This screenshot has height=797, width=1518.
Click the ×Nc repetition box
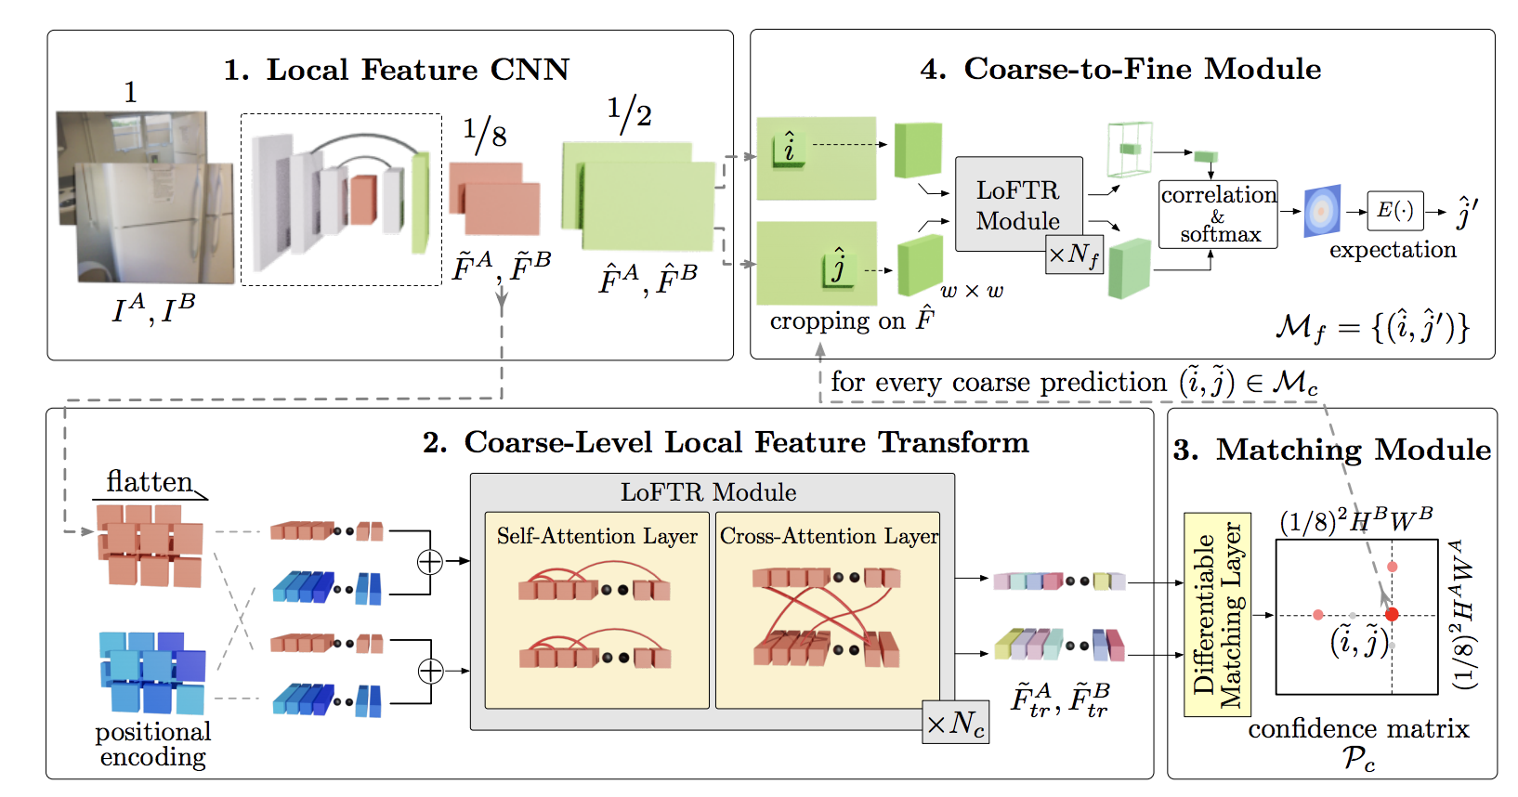955,723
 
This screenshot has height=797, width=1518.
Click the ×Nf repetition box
1074,254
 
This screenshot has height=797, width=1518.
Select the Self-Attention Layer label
596,536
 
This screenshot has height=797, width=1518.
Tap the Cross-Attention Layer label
829,536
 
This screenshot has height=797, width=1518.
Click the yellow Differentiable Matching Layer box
1217,614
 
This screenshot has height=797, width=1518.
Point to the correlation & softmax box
1218,215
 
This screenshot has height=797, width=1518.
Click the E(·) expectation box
1394,211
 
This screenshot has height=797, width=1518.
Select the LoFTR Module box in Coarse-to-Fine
1018,204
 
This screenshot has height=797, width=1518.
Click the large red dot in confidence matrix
1392,614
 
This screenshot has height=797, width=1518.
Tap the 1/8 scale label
484,134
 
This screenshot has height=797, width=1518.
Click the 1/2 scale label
629,112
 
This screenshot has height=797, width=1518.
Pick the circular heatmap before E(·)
1322,211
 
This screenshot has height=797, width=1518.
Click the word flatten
149,481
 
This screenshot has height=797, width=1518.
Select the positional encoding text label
153,744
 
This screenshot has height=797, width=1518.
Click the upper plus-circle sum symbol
429,561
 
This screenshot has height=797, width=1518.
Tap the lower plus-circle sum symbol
430,671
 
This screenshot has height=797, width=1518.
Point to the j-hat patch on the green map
837,268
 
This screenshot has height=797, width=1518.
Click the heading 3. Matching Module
1331,450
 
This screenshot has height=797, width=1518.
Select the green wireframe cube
1129,149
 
